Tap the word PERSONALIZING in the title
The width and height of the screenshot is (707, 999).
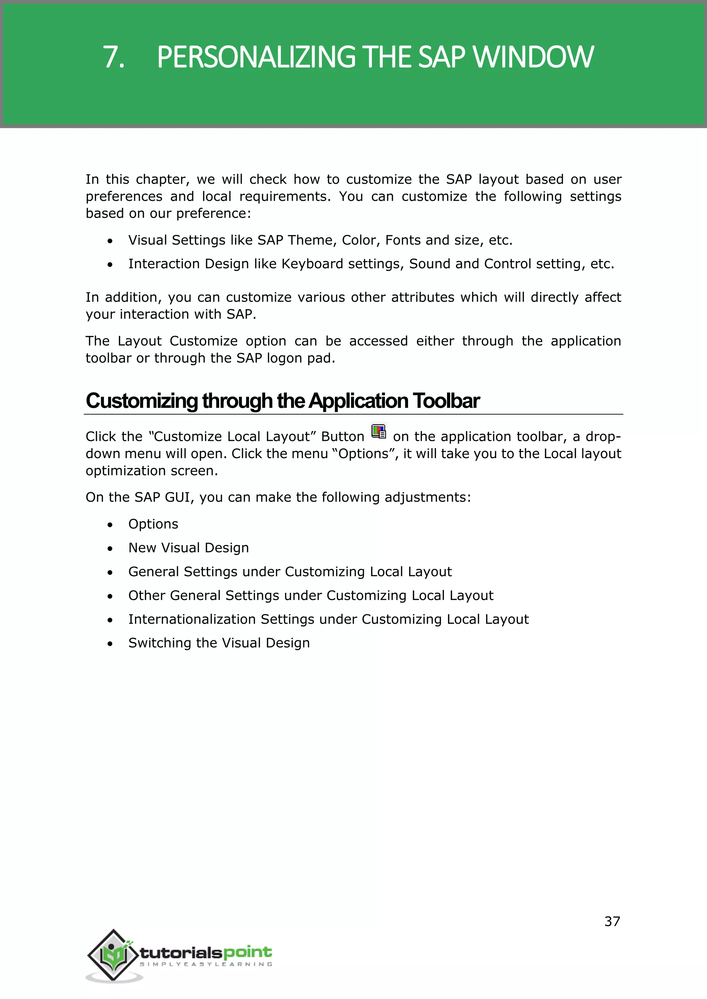256,57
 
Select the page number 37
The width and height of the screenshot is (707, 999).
612,921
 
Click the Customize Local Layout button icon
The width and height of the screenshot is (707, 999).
378,431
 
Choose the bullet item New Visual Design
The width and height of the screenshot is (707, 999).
188,548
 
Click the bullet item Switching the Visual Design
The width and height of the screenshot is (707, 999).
219,643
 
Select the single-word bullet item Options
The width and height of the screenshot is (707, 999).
153,524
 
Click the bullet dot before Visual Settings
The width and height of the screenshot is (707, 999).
110,241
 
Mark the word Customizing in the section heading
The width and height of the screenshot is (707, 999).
142,401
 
